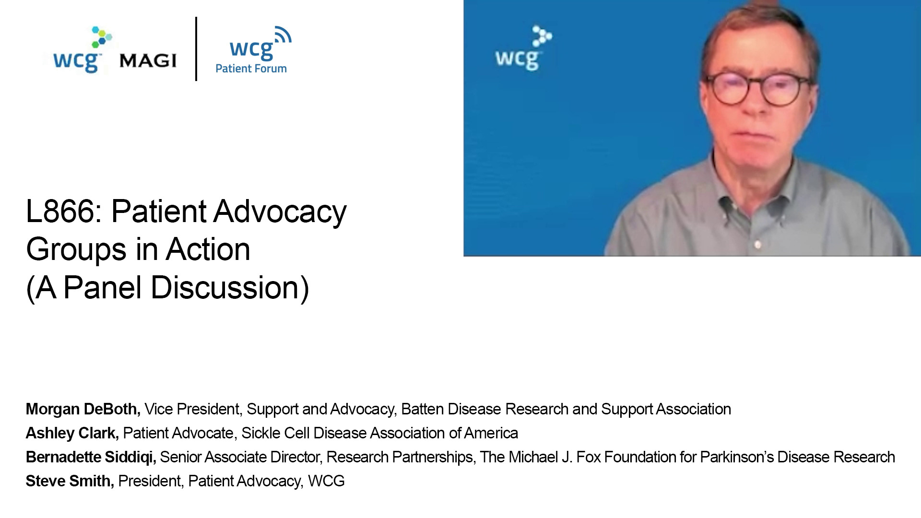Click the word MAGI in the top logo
pos(148,60)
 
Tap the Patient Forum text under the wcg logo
pos(251,69)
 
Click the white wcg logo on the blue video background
pos(523,48)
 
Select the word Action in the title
pos(208,249)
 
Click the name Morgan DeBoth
pos(83,409)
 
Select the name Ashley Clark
pos(72,433)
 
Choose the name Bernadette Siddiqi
pos(91,457)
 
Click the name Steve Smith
pos(70,481)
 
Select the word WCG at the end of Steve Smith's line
pos(326,481)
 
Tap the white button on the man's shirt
pos(758,245)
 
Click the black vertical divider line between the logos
pos(196,49)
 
